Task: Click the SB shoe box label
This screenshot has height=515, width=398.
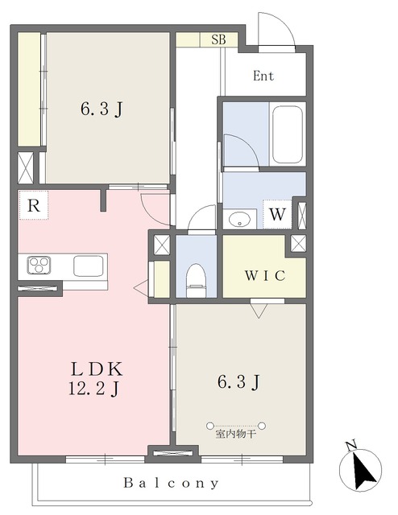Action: click(218, 39)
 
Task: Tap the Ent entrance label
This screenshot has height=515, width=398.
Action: click(263, 76)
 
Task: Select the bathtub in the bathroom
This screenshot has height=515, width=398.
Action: click(288, 134)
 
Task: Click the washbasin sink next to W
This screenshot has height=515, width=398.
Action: click(239, 219)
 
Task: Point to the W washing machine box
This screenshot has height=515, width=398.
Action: click(277, 214)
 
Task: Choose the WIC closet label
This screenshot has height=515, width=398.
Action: click(265, 275)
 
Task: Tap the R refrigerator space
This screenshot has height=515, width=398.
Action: click(34, 205)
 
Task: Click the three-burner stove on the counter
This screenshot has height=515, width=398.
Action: click(39, 265)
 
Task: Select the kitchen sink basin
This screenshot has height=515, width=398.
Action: click(89, 266)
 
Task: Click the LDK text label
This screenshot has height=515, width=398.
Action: click(97, 369)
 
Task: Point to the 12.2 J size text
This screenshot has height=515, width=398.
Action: click(93, 389)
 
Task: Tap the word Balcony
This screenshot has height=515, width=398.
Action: click(171, 483)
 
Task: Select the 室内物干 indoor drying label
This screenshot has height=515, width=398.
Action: click(235, 435)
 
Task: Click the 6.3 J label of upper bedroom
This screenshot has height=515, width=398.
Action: click(102, 109)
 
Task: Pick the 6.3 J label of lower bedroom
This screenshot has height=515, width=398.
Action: click(238, 381)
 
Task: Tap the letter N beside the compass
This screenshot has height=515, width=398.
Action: click(351, 445)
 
